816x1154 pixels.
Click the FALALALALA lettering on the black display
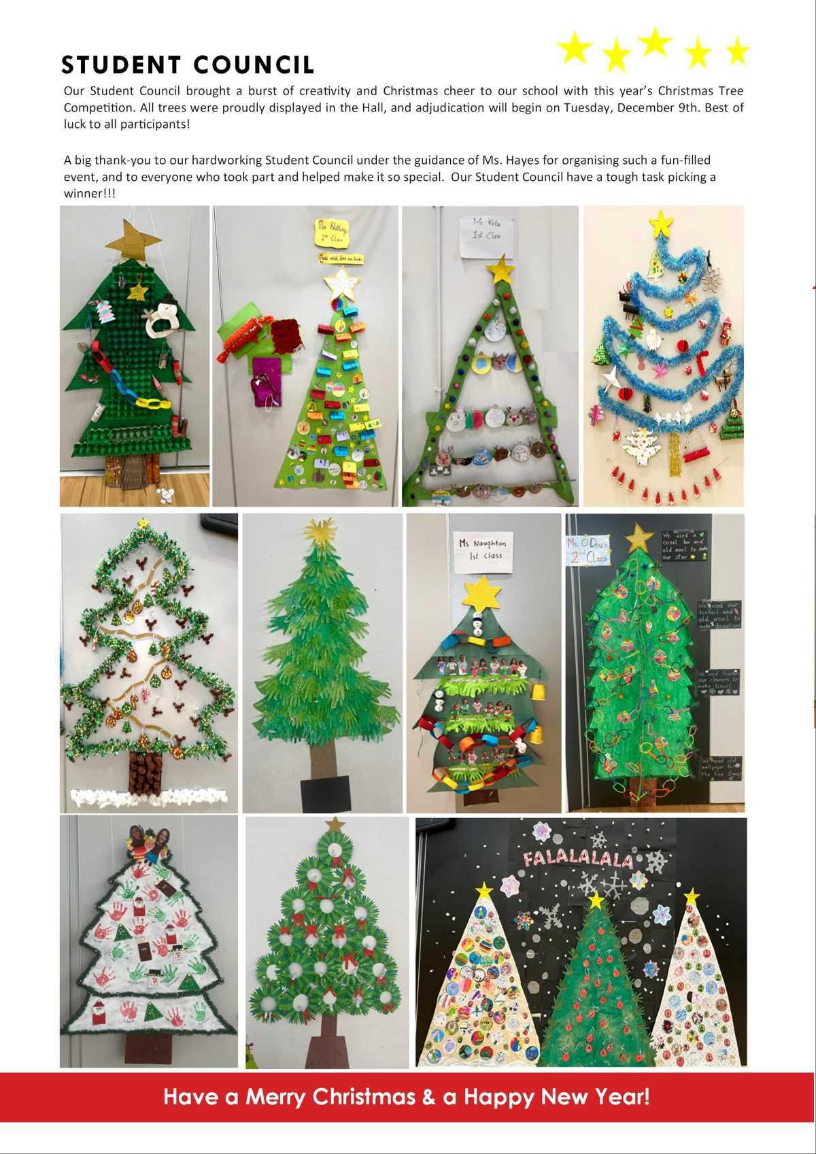(577, 858)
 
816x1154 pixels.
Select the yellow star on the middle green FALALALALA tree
(596, 900)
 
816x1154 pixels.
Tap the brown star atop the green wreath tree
(335, 825)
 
